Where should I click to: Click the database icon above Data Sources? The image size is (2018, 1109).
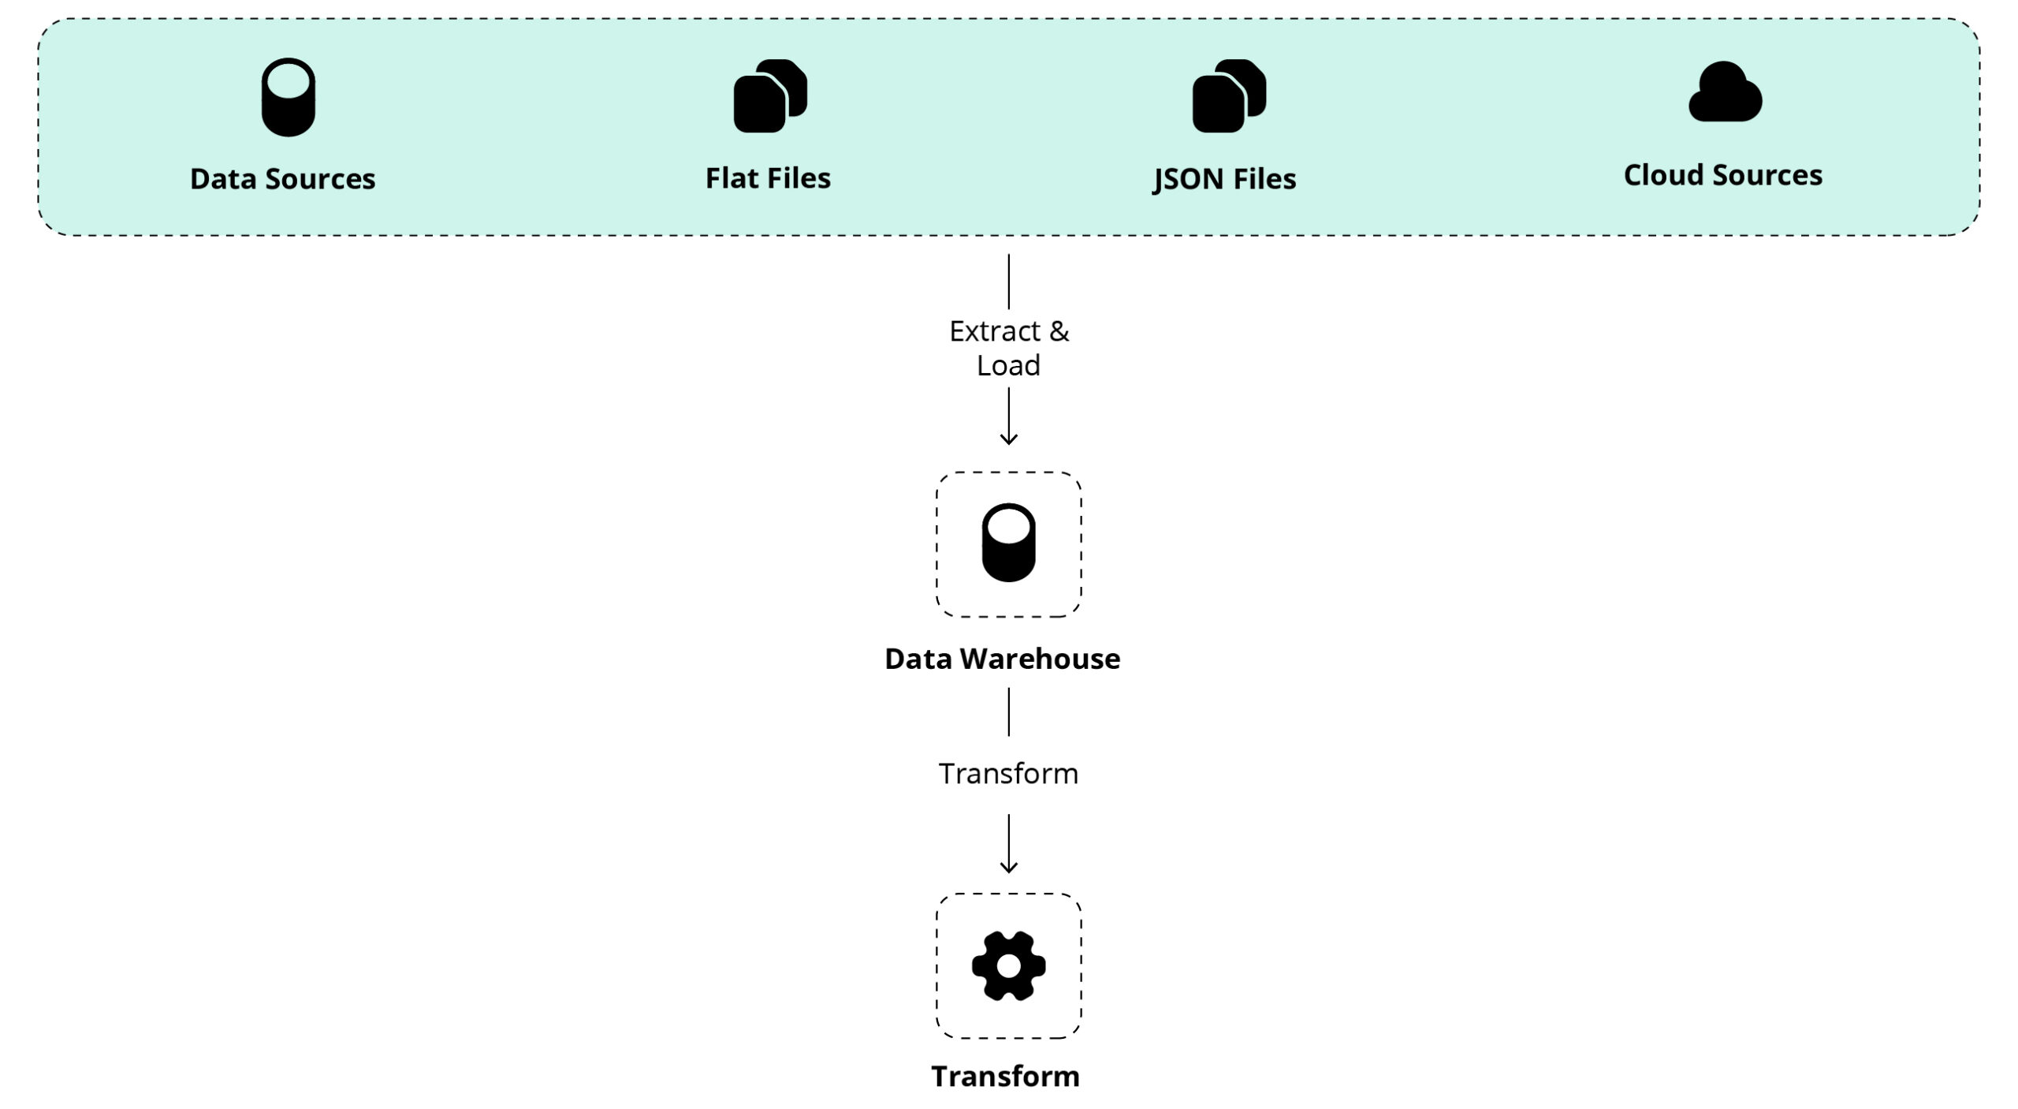click(x=288, y=97)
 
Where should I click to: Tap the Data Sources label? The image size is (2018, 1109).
click(x=282, y=179)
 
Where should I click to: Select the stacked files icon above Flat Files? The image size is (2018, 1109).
click(x=769, y=96)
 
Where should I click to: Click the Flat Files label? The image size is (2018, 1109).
click(x=767, y=178)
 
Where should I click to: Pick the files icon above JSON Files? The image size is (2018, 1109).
click(x=1228, y=96)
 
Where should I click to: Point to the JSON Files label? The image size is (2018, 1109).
click(x=1224, y=179)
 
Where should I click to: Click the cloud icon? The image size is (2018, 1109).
click(x=1725, y=93)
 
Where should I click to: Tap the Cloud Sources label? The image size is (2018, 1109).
click(x=1722, y=175)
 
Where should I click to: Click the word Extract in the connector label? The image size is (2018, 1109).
click(x=994, y=331)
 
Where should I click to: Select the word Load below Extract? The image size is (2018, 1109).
click(x=1008, y=366)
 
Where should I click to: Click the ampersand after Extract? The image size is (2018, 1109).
click(x=1059, y=331)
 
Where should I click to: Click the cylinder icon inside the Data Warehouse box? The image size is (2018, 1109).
click(x=1008, y=543)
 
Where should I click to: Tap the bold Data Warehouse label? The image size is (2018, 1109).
click(x=1002, y=659)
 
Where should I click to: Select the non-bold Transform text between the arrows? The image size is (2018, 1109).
click(x=1008, y=774)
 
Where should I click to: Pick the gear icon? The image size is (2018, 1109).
click(x=1008, y=965)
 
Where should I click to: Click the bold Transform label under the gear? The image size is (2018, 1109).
click(x=1005, y=1076)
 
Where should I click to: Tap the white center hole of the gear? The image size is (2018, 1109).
click(x=1008, y=965)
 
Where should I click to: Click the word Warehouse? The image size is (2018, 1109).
click(x=1040, y=659)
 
